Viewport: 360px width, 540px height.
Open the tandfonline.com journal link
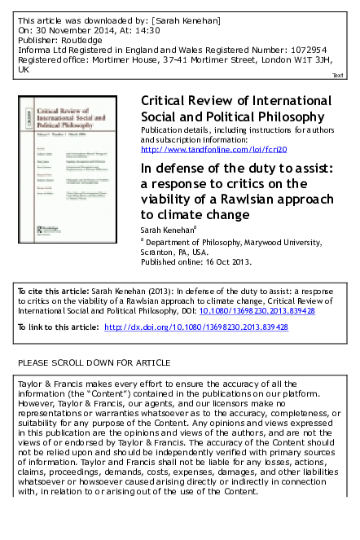(194, 150)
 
